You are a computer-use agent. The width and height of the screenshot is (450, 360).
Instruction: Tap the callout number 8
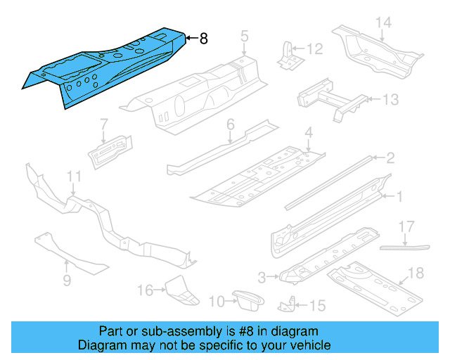click(x=203, y=39)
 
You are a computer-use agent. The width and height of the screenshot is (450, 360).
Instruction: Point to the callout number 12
click(x=314, y=49)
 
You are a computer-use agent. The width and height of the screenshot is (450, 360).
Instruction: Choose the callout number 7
click(x=103, y=124)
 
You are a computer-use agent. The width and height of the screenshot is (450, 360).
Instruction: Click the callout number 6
click(x=230, y=126)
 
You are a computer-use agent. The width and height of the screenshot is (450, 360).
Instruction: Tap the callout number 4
click(x=308, y=133)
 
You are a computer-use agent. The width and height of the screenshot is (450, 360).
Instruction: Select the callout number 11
click(x=74, y=176)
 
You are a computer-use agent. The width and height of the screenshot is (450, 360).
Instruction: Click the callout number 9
click(x=67, y=281)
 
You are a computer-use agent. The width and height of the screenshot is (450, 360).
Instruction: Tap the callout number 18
click(x=416, y=273)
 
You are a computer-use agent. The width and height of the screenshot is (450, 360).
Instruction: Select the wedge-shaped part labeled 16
click(x=178, y=290)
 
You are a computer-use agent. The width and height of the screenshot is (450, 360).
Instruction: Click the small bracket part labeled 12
click(x=288, y=56)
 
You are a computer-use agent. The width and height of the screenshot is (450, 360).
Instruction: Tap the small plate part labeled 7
click(x=109, y=148)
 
